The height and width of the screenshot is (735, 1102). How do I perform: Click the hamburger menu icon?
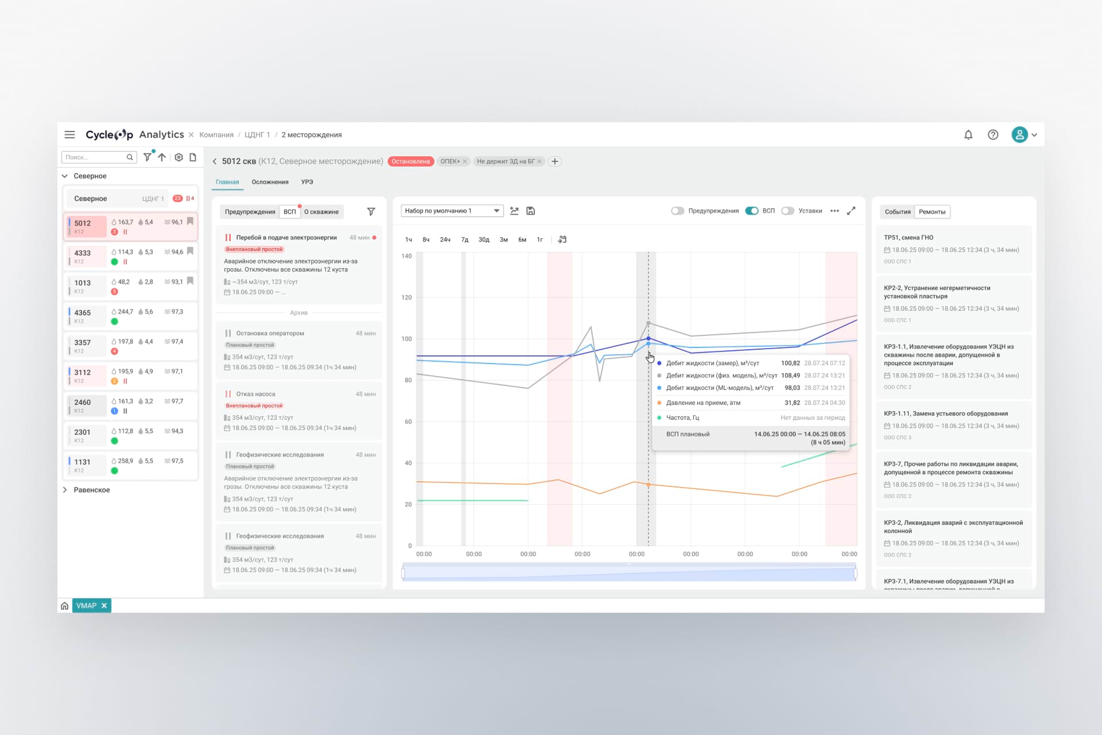(x=69, y=135)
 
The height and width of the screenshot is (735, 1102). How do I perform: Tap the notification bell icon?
(x=968, y=135)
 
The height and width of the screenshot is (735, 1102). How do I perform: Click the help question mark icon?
(x=993, y=135)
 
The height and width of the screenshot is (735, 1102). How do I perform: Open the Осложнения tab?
(x=270, y=182)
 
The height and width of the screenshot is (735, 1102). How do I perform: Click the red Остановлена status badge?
(x=410, y=161)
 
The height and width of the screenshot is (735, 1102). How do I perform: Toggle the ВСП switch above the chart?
(x=751, y=211)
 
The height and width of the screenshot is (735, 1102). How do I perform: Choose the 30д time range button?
(x=484, y=240)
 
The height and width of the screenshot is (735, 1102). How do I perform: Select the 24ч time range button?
(x=445, y=240)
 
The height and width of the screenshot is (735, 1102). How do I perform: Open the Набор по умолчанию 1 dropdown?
(x=452, y=211)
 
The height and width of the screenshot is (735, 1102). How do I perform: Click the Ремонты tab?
(x=932, y=212)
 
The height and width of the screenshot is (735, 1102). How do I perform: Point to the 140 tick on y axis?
(x=406, y=256)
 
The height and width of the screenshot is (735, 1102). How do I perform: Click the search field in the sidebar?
(x=95, y=157)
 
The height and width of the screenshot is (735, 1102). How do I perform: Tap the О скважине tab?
(x=321, y=212)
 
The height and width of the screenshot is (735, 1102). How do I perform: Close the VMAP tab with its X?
(x=104, y=605)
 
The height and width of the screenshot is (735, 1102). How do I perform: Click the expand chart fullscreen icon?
(x=851, y=211)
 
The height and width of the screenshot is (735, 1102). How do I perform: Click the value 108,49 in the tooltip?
(x=790, y=376)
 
